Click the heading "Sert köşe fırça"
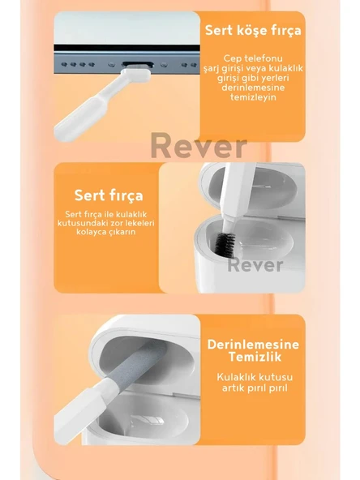point(253,30)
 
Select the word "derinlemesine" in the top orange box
point(253,88)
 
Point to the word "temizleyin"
point(253,97)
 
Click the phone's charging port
point(138,65)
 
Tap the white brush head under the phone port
point(135,75)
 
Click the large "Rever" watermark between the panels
point(199,146)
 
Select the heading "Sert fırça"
point(109,195)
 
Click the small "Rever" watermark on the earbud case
point(255,265)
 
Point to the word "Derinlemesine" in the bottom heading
point(253,345)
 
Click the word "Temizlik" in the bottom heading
point(255,357)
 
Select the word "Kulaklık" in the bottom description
point(235,377)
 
